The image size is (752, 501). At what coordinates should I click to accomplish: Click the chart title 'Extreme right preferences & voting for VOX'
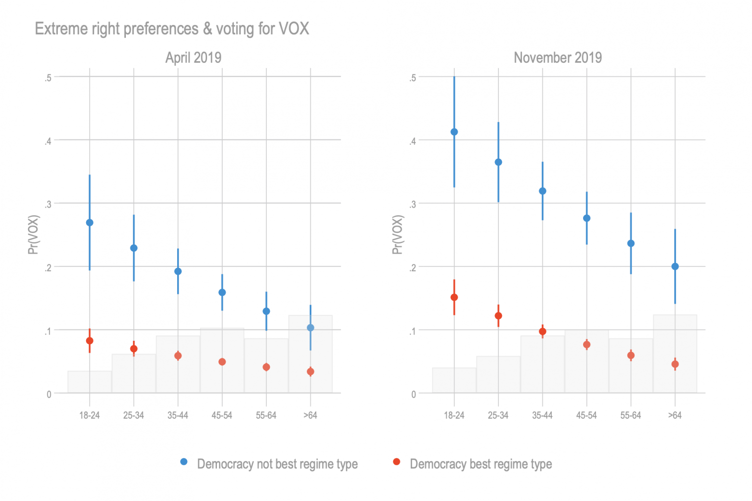(172, 29)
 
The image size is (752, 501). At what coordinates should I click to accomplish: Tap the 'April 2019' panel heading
(193, 58)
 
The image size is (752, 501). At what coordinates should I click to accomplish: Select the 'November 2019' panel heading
(558, 58)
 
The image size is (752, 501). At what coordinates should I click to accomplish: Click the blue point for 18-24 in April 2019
(90, 222)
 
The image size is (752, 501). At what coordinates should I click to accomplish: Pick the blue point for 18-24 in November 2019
(454, 132)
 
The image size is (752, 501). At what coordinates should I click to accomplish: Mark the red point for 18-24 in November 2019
(454, 297)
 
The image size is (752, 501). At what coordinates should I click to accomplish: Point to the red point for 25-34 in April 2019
(134, 349)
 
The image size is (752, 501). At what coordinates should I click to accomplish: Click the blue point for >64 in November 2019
(675, 266)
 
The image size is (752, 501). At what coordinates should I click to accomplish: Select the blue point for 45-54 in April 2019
(222, 292)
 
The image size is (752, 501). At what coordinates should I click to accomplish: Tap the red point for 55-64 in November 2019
(631, 356)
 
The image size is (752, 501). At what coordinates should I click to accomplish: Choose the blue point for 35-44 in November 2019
(542, 191)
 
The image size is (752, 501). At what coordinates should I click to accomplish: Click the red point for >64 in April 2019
(310, 372)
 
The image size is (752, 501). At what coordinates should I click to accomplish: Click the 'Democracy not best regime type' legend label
(277, 464)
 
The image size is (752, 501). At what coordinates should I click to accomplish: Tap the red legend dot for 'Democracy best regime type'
(397, 462)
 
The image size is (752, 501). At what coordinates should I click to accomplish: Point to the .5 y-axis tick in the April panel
(48, 77)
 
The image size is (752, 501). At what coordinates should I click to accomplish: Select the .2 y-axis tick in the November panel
(413, 267)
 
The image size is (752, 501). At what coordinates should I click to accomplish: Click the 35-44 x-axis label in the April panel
(178, 415)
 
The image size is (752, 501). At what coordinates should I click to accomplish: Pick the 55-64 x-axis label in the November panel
(631, 415)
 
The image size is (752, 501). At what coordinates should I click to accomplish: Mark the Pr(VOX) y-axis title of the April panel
(33, 235)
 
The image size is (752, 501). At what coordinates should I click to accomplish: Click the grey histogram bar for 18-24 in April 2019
(90, 382)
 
